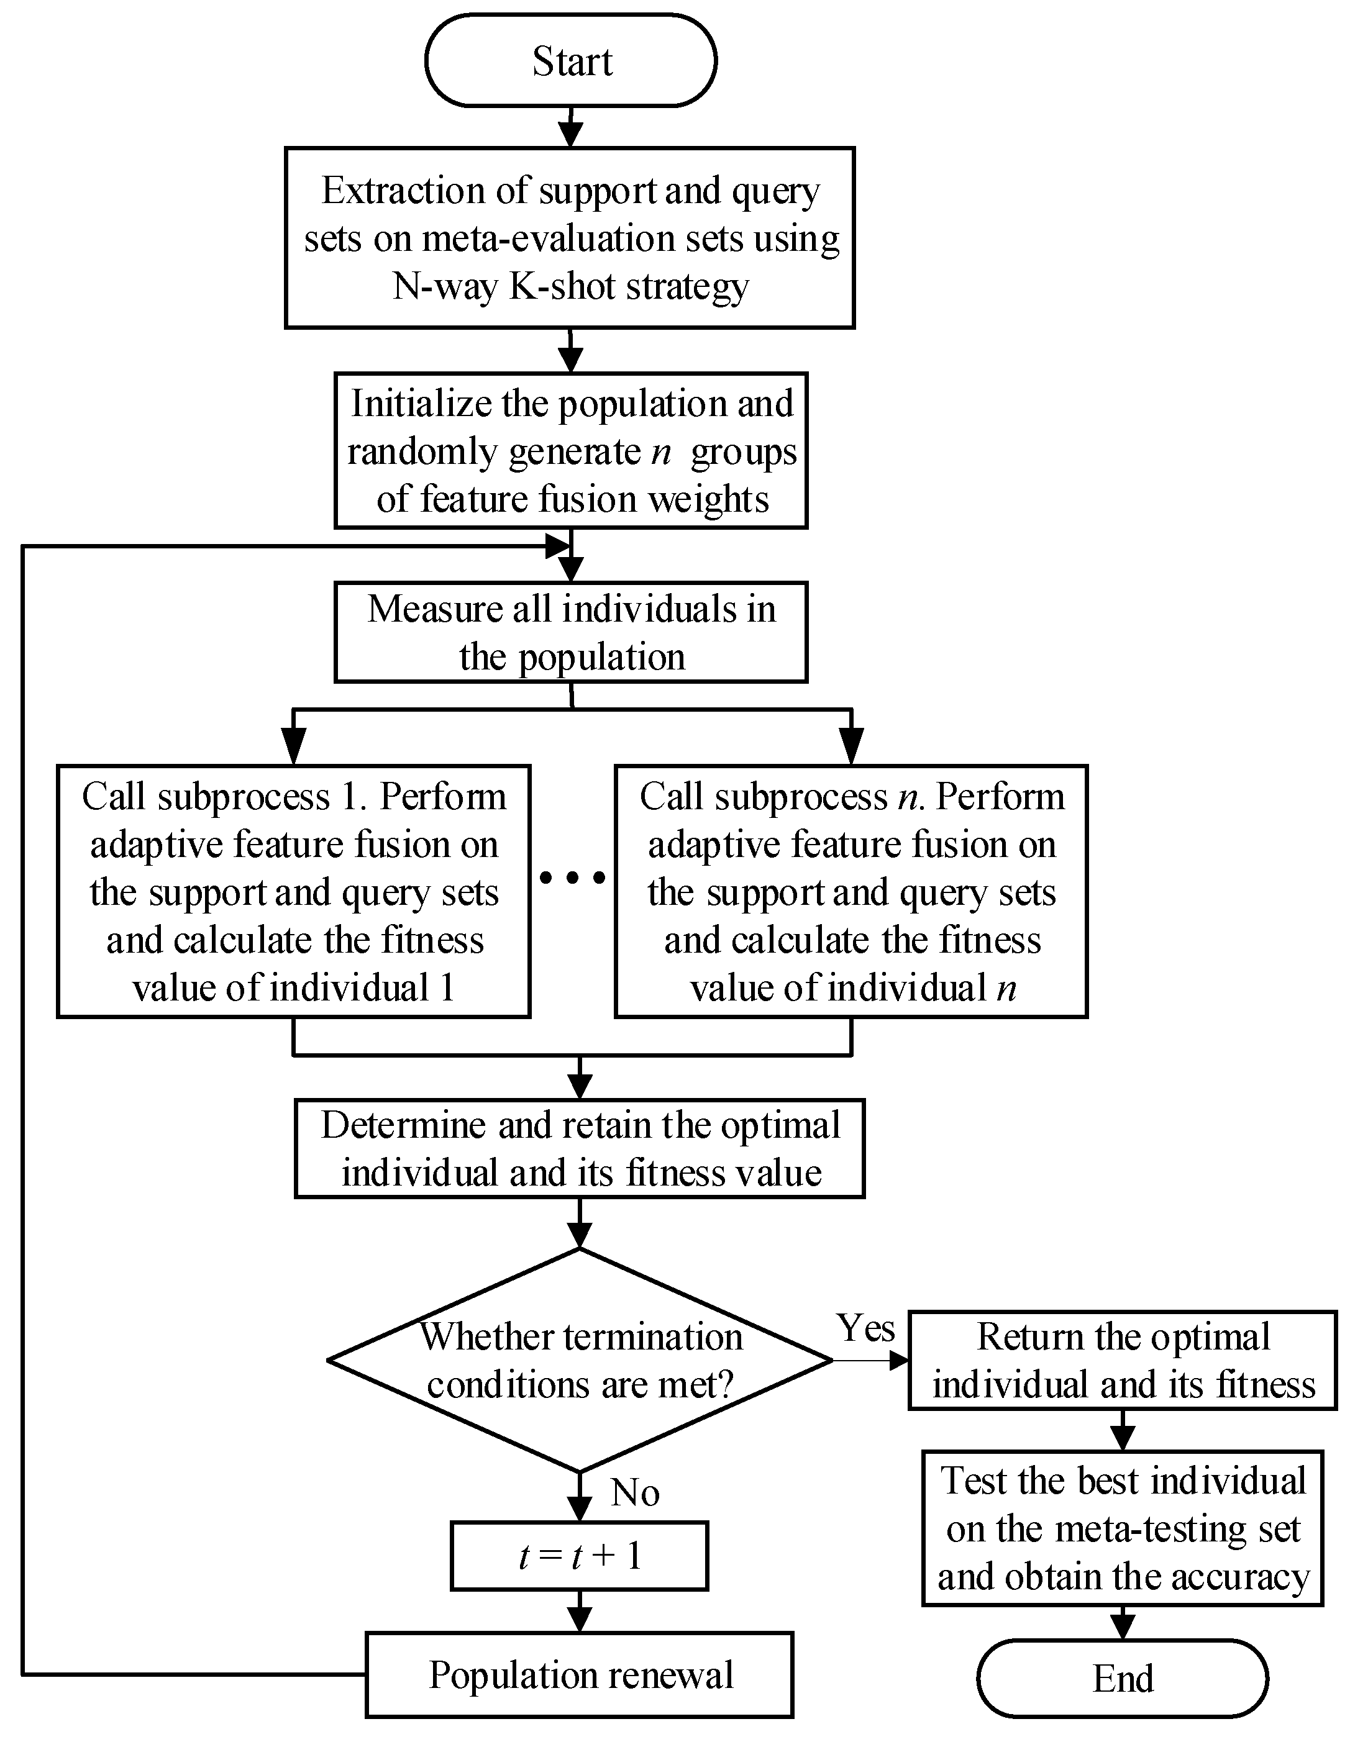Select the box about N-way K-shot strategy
coord(570,238)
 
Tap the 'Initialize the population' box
coord(570,451)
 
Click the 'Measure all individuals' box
coord(570,632)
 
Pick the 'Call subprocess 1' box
coord(294,891)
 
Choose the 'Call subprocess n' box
coord(851,891)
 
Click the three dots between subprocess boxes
coord(572,878)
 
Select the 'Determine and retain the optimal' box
coord(579,1148)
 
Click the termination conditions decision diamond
coord(579,1361)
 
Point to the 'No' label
coord(635,1492)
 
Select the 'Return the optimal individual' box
coord(1122,1361)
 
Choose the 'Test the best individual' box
coord(1122,1528)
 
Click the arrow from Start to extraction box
coord(570,127)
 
